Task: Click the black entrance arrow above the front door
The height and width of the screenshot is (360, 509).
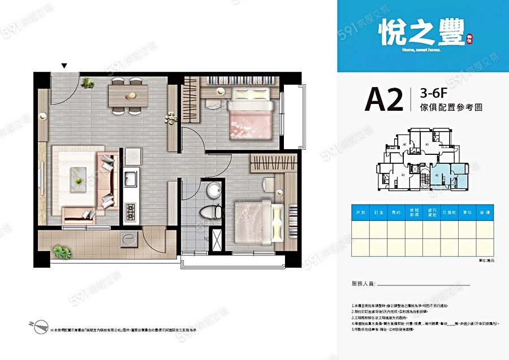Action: pos(64,66)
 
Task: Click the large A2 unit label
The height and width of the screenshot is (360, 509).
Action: pos(383,99)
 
